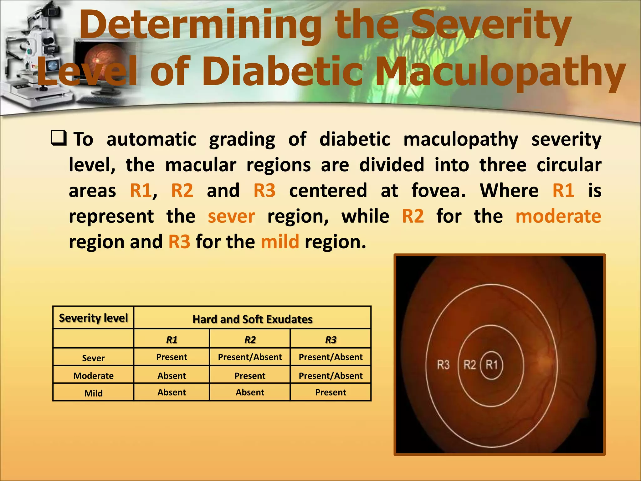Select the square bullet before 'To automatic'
(x=59, y=138)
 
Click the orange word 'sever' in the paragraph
(x=231, y=216)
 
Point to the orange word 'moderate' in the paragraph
(x=558, y=216)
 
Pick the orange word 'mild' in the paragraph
(x=280, y=242)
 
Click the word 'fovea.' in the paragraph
(x=438, y=190)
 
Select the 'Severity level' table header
(x=93, y=318)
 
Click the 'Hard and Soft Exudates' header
(x=252, y=319)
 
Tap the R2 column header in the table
(x=250, y=340)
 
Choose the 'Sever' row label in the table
(x=93, y=358)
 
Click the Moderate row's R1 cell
(x=172, y=375)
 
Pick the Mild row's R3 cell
(x=331, y=392)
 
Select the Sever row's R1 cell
(x=172, y=357)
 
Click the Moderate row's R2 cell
(x=250, y=375)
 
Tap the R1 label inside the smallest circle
(x=491, y=365)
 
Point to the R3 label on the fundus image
(x=443, y=365)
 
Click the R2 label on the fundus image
(x=469, y=365)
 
